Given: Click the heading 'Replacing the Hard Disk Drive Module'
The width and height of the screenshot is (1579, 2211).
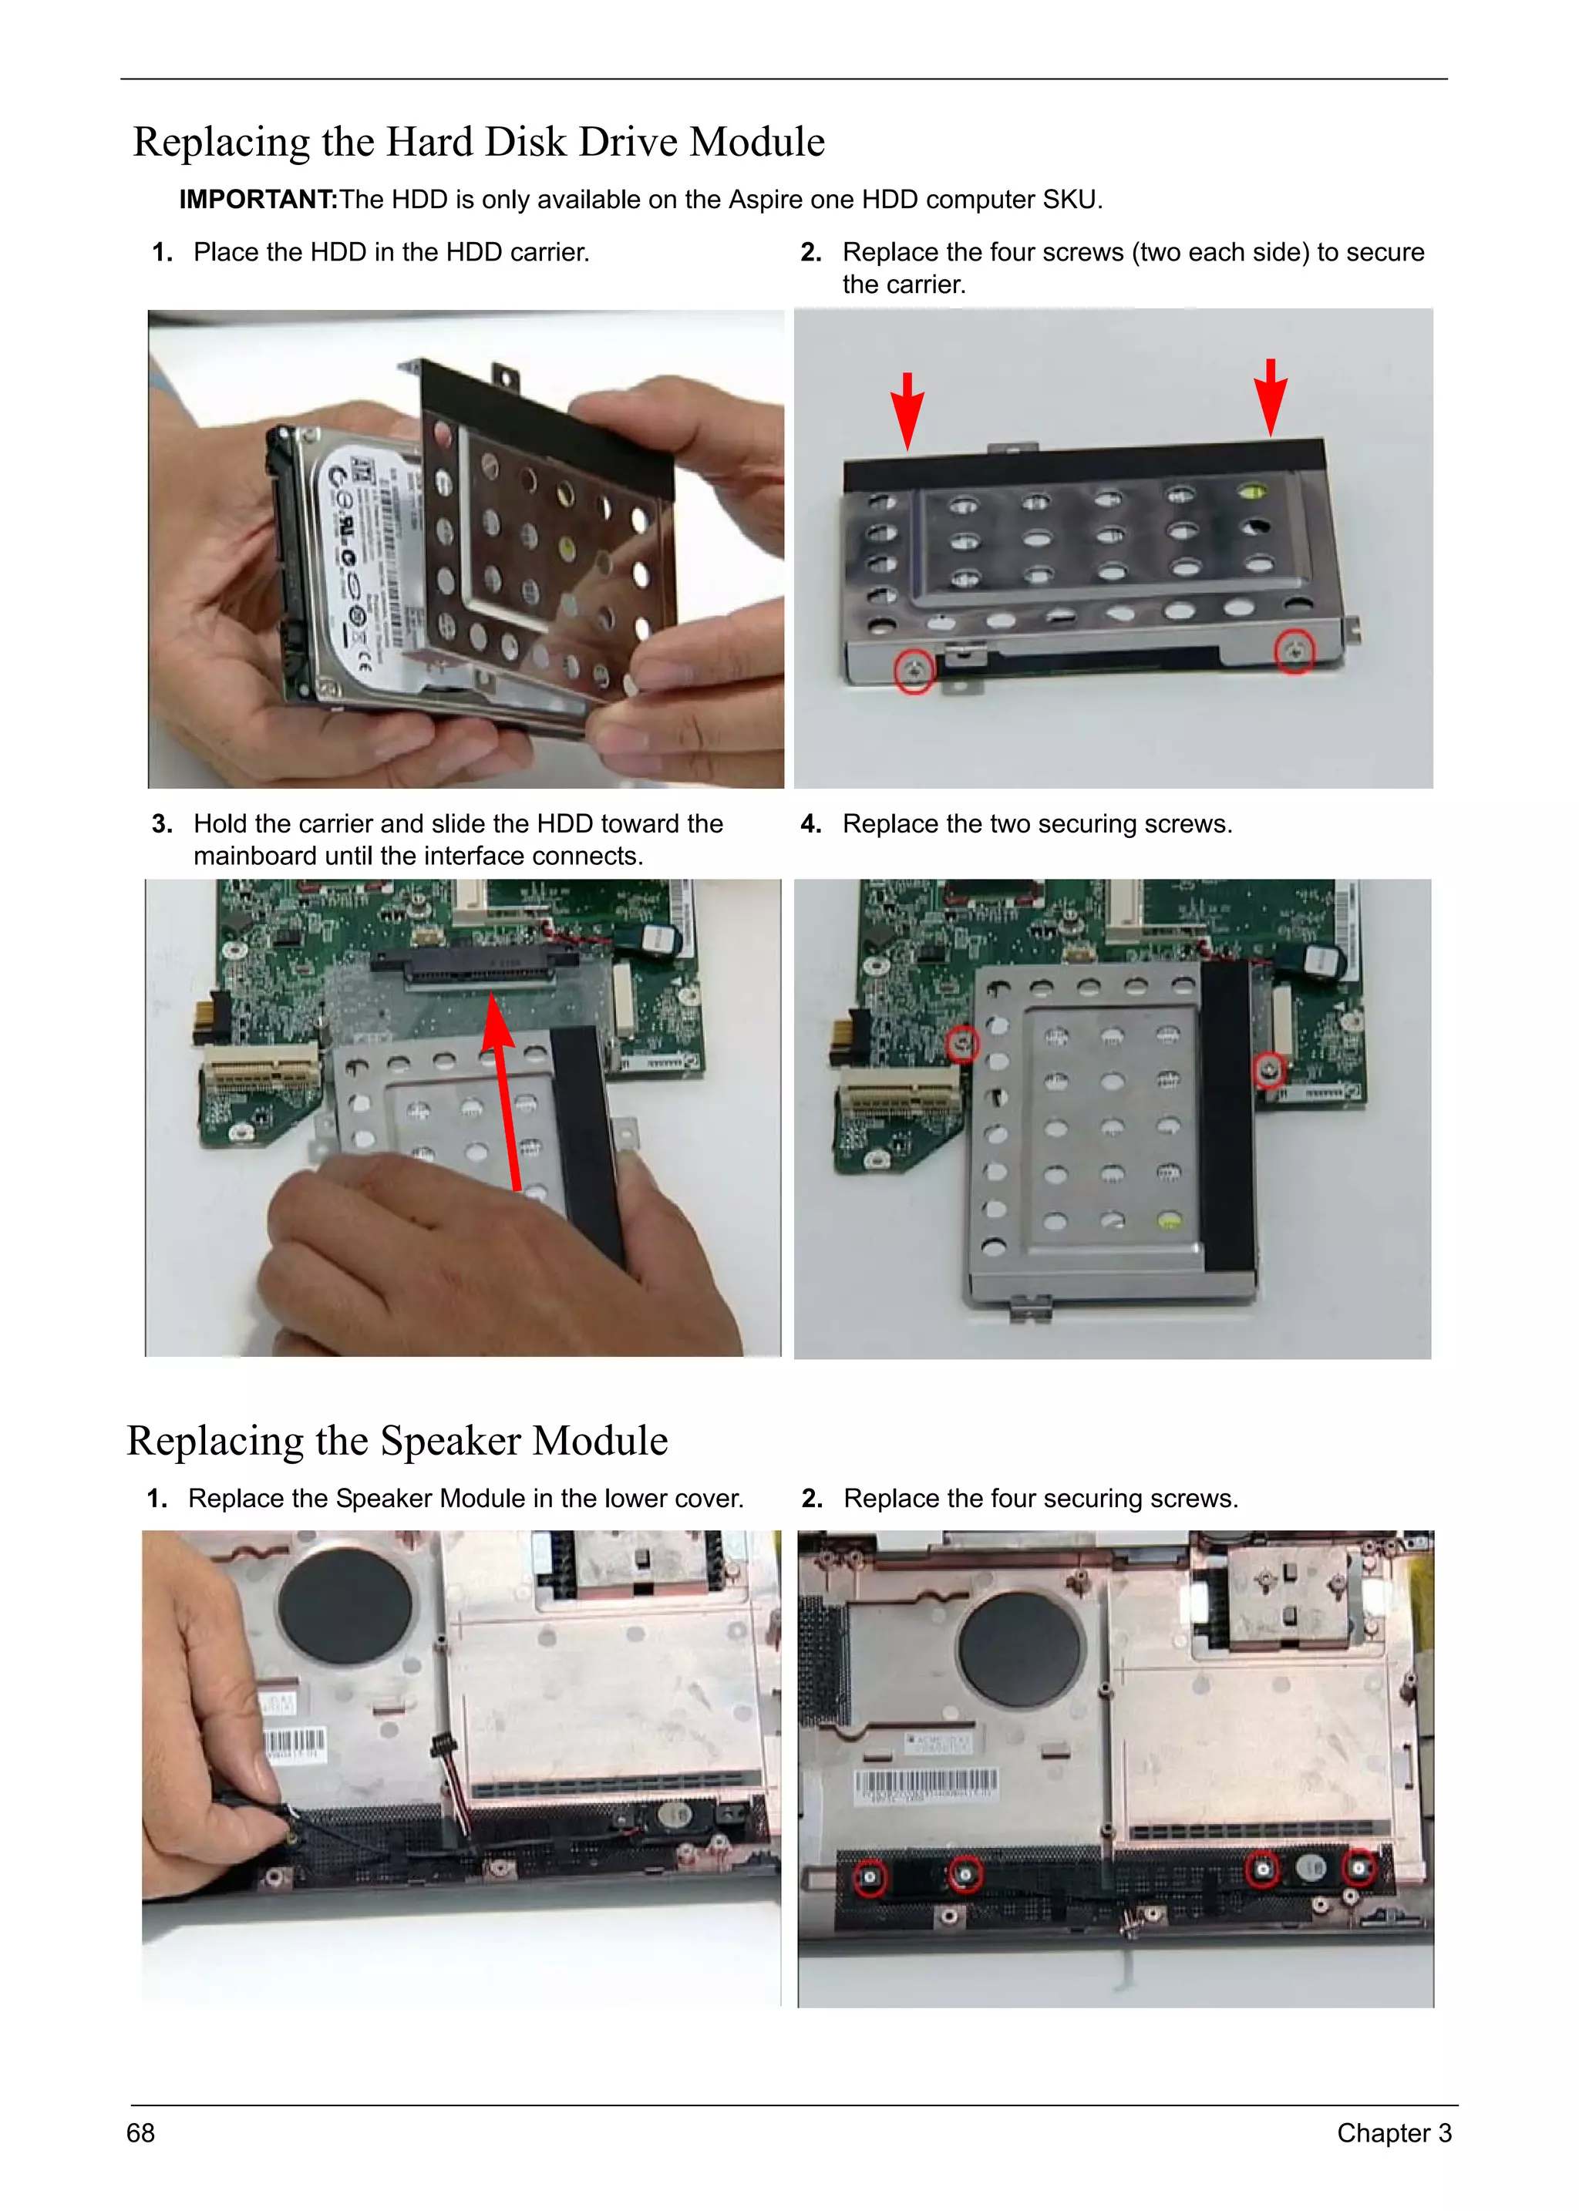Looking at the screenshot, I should coord(478,142).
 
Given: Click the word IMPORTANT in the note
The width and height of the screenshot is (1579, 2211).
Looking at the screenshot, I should coord(257,200).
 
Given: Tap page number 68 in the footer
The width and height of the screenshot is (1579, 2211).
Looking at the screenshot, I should coord(141,2132).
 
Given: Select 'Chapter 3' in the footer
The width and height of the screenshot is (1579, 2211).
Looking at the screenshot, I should coord(1393,2132).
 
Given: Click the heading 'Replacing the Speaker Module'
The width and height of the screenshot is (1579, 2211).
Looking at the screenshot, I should coord(397,1440).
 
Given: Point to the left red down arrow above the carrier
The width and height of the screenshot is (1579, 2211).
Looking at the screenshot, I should coord(907,410).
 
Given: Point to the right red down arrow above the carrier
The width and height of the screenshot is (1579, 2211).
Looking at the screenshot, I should coord(1270,397).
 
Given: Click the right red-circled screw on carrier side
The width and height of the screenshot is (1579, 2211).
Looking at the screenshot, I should coord(1295,651).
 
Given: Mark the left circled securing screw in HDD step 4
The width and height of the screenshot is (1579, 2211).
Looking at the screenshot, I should coord(962,1043).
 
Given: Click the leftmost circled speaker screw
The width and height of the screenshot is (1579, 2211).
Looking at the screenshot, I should coord(870,1876).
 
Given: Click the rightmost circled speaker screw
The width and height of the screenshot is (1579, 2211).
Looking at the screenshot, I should coord(1358,1868).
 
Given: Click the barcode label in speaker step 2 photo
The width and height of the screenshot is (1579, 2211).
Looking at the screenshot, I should coord(924,1785).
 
